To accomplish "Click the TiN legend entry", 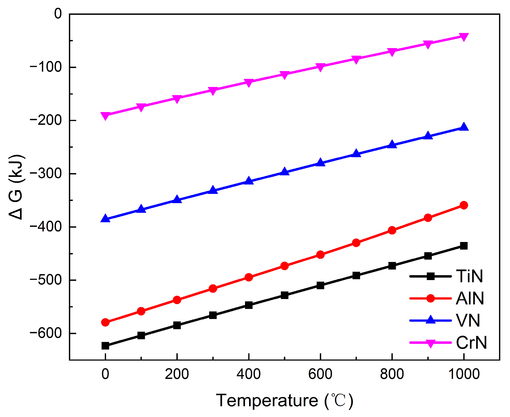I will coord(469,276).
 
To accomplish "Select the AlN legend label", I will coord(470,298).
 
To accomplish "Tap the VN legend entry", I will coord(468,321).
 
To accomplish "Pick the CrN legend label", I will coord(471,343).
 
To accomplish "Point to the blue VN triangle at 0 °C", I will coord(105,218).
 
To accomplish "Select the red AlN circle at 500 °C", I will coord(284,266).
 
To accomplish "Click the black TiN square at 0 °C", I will coord(105,346).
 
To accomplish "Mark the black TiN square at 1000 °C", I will coord(464,246).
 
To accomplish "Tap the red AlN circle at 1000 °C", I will coord(464,205).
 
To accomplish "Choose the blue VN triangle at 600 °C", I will coord(320,163).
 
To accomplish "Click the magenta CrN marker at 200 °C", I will coord(177,99).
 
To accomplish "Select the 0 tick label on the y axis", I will coord(58,14).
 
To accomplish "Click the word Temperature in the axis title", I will coord(267,401).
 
